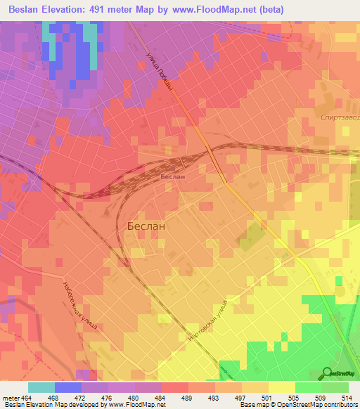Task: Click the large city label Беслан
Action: tap(146, 227)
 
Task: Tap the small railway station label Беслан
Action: tap(172, 176)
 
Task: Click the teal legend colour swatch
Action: tap(41, 388)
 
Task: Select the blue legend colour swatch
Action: tap(68, 388)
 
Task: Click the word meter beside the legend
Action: tap(9, 398)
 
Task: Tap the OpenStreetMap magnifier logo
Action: tap(328, 372)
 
